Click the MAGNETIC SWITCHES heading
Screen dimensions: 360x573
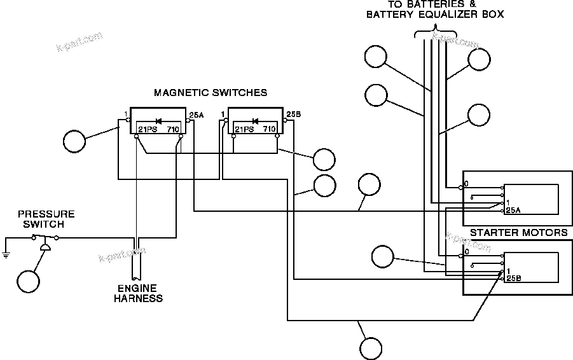click(210, 93)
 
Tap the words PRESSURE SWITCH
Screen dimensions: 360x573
click(46, 219)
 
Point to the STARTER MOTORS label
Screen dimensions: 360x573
click(518, 233)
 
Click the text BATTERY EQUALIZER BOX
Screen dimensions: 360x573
click(435, 15)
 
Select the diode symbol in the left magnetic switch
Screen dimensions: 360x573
click(159, 121)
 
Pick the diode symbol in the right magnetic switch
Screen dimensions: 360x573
click(256, 121)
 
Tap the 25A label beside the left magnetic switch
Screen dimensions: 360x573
click(196, 115)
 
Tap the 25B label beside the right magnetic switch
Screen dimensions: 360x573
click(293, 115)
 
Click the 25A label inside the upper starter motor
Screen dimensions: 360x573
click(514, 210)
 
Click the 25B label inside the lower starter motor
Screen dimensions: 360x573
click(514, 278)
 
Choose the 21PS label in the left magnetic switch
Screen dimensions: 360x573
click(148, 129)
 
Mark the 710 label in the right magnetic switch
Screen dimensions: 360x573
click(269, 129)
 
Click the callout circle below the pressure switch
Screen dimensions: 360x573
click(29, 281)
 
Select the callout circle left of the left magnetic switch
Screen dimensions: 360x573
click(74, 141)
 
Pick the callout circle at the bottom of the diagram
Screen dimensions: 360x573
click(371, 348)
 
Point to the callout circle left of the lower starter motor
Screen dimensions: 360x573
click(383, 258)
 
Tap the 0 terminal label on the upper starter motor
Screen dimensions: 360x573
click(467, 184)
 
